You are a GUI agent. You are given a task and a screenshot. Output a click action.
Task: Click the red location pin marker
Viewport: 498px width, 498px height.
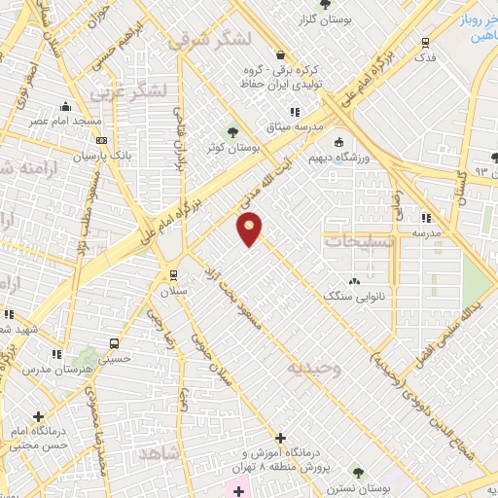(250, 229)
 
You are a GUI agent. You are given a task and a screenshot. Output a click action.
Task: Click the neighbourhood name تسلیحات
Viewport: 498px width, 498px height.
(359, 241)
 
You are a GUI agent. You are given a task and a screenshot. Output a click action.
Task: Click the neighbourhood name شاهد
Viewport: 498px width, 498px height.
(160, 453)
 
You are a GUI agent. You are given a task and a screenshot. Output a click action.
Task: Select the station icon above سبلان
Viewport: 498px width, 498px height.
(173, 275)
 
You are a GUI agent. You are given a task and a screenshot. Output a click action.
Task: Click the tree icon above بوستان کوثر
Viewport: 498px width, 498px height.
(231, 132)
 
